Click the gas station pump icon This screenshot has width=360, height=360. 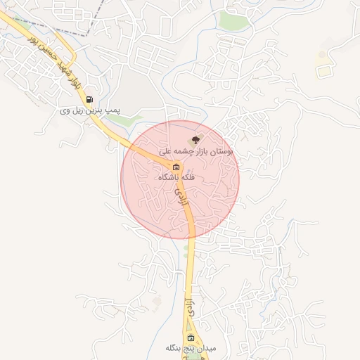click(90, 99)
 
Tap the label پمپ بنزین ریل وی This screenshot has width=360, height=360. click(90, 110)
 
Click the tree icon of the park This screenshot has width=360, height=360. click(195, 141)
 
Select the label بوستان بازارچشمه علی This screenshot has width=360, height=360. click(196, 151)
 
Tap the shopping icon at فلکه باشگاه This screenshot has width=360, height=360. click(176, 167)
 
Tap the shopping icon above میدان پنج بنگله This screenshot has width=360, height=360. click(191, 337)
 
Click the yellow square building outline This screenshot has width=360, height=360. click(323, 70)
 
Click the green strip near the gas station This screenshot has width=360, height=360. click(120, 120)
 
